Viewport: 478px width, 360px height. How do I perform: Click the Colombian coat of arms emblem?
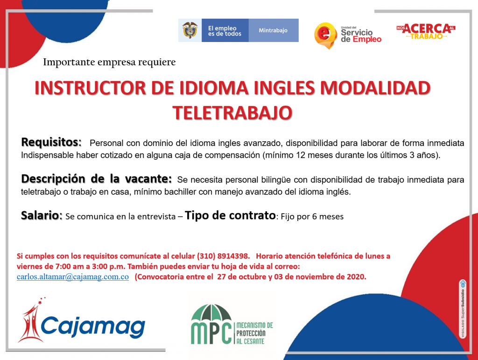190,30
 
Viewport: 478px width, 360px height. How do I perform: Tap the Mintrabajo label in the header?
273,30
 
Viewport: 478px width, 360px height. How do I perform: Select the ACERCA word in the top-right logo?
427,28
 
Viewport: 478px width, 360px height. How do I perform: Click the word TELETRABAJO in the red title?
232,113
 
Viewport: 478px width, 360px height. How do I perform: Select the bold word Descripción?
53,179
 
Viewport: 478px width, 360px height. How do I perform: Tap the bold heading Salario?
42,215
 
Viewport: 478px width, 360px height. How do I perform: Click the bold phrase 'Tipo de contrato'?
231,215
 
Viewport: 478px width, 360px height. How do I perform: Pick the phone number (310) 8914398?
223,256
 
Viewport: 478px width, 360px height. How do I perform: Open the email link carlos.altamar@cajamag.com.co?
72,277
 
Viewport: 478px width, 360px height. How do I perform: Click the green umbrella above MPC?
211,312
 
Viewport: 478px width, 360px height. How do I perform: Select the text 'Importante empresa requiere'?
109,62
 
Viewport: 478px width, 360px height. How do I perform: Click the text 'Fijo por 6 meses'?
312,216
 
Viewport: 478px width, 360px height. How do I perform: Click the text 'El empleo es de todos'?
225,31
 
